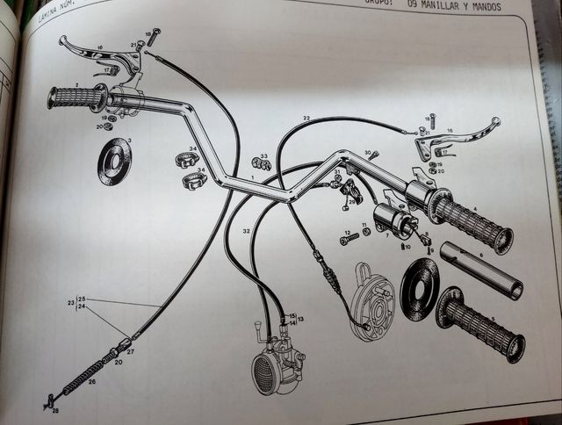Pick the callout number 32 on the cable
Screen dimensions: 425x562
pyautogui.click(x=248, y=231)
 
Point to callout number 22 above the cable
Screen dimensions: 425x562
pyautogui.click(x=306, y=118)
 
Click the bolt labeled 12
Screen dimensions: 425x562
pyautogui.click(x=349, y=239)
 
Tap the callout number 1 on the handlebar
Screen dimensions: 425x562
pyautogui.click(x=253, y=179)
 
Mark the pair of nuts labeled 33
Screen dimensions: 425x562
pyautogui.click(x=261, y=162)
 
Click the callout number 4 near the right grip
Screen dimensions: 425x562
pyautogui.click(x=474, y=210)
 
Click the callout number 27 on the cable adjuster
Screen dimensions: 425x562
pyautogui.click(x=131, y=351)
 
